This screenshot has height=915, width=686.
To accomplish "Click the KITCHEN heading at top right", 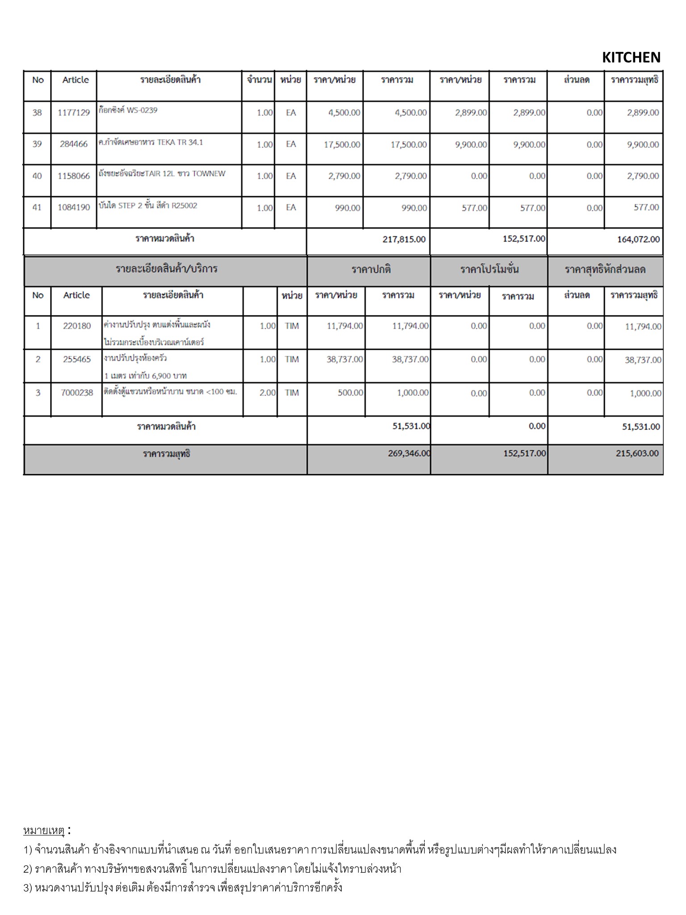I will click(631, 57).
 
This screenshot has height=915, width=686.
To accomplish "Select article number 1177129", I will click(74, 113).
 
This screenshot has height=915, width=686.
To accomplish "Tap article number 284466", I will click(74, 144).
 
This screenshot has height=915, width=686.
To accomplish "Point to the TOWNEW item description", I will click(162, 174).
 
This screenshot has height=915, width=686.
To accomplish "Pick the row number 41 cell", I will click(37, 207).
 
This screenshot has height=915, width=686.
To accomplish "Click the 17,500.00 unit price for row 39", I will click(342, 144).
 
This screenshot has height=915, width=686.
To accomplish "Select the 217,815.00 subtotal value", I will click(404, 239).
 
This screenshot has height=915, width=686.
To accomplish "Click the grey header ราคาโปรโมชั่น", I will click(489, 269).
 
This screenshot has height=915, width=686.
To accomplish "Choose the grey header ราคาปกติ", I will click(371, 269).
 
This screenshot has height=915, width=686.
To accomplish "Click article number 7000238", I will click(77, 393).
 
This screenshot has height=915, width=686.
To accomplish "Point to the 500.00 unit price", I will click(350, 393).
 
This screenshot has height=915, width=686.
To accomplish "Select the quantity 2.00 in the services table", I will click(268, 393).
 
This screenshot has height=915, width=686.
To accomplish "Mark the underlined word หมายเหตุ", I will click(44, 831).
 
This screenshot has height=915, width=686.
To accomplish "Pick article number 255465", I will click(77, 359).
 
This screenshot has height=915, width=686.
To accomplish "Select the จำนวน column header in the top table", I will click(259, 80).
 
